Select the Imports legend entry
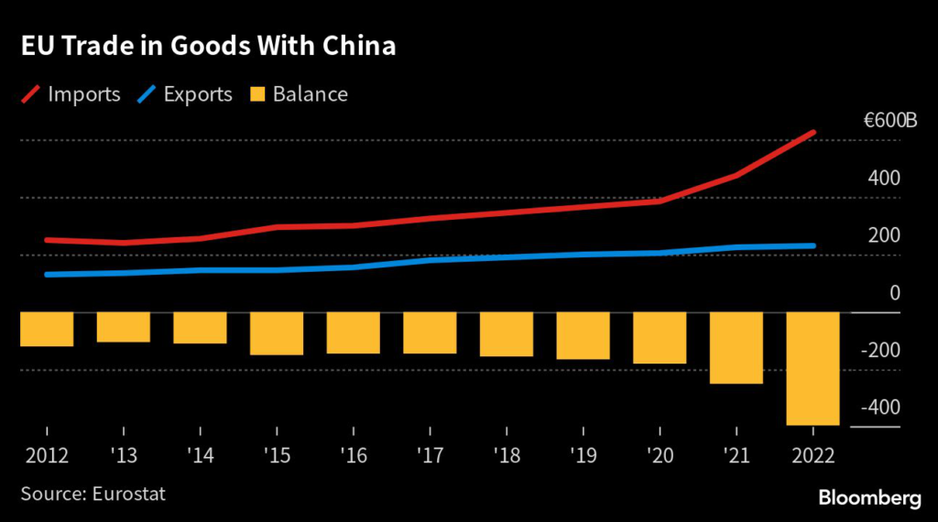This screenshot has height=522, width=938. [x=71, y=94]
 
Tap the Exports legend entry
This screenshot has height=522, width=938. [x=186, y=94]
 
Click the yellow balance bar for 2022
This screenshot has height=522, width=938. [x=813, y=368]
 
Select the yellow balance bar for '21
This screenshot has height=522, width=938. [x=736, y=347]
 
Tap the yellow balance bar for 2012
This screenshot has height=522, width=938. [x=47, y=329]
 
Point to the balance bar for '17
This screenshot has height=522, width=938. [x=430, y=332]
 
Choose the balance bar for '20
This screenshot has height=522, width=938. [x=660, y=337]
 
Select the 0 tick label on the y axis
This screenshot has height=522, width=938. [x=894, y=293]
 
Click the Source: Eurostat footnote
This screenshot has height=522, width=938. [x=93, y=495]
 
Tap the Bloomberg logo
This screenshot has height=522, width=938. [x=868, y=497]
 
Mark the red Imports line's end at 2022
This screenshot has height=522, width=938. [x=813, y=133]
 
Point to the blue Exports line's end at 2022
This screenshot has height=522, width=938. [x=813, y=245]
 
